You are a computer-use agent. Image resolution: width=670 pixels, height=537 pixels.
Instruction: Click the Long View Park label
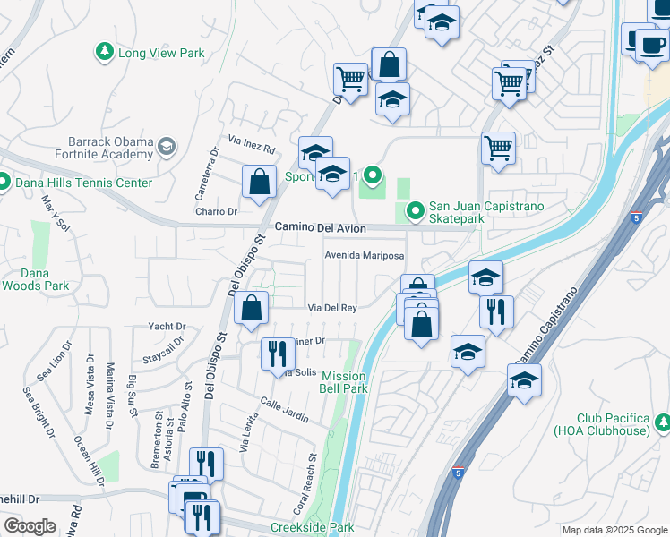(x=161, y=53)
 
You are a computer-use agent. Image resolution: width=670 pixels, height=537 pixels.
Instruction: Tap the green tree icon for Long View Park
(x=105, y=52)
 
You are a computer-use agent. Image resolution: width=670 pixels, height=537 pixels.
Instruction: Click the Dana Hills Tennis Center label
(x=84, y=183)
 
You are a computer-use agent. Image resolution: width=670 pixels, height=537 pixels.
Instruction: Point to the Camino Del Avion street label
(x=321, y=228)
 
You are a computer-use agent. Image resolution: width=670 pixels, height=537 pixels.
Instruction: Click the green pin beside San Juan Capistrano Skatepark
(x=415, y=212)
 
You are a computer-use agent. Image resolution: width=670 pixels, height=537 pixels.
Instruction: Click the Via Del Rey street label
(x=333, y=308)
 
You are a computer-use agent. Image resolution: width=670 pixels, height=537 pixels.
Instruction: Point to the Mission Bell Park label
(x=345, y=382)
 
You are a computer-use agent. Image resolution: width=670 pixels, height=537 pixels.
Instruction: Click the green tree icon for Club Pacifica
(x=662, y=421)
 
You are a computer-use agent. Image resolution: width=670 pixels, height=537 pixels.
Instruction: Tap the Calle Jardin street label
(x=285, y=411)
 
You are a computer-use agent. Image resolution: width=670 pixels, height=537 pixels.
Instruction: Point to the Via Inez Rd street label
(x=252, y=143)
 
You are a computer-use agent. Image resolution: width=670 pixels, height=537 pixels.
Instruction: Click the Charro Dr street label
(x=217, y=212)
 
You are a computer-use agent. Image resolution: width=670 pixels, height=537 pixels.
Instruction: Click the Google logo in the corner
(x=30, y=526)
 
